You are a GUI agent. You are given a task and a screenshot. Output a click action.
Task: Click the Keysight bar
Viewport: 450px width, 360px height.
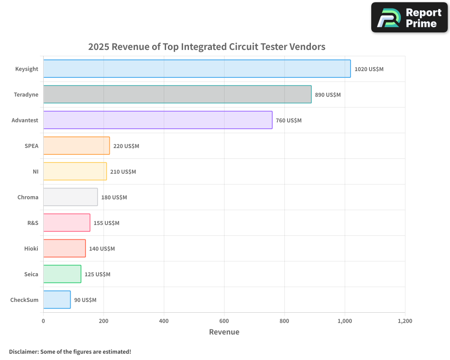pyautogui.click(x=197, y=69)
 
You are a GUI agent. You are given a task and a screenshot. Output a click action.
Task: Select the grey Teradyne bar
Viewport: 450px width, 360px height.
pyautogui.click(x=177, y=94)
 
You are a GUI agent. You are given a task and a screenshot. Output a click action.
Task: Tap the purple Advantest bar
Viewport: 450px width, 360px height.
pyautogui.click(x=157, y=120)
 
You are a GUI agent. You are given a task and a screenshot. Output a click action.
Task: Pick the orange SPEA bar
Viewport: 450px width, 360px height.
pyautogui.click(x=76, y=146)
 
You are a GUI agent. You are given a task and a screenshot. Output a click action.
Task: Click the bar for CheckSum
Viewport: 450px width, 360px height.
pyautogui.click(x=57, y=300)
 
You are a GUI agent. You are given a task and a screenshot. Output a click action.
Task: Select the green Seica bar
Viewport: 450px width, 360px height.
pyautogui.click(x=62, y=274)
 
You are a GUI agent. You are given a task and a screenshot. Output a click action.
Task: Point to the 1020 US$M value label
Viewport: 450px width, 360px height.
pyautogui.click(x=369, y=69)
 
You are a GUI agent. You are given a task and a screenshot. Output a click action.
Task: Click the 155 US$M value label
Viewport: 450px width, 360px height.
pyautogui.click(x=106, y=223)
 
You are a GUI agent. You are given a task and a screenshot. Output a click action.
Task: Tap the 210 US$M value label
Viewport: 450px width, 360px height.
pyautogui.click(x=123, y=172)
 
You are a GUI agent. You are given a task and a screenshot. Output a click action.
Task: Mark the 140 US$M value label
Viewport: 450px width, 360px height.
pyautogui.click(x=102, y=249)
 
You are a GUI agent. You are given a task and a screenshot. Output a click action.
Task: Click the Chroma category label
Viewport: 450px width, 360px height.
pyautogui.click(x=28, y=197)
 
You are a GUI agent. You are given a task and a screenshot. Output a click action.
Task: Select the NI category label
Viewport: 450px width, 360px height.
pyautogui.click(x=36, y=171)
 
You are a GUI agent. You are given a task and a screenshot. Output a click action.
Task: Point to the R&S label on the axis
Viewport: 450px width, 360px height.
pyautogui.click(x=33, y=223)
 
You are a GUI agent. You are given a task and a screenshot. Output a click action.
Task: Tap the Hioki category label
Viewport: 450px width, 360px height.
pyautogui.click(x=31, y=248)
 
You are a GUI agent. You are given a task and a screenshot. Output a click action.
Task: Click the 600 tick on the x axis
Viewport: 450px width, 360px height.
pyautogui.click(x=224, y=321)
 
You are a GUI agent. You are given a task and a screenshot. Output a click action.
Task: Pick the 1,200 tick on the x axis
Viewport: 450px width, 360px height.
pyautogui.click(x=405, y=321)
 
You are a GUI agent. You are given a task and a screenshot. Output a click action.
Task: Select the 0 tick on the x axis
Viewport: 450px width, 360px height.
pyautogui.click(x=43, y=321)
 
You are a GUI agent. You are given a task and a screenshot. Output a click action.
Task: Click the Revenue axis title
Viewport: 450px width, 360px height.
pyautogui.click(x=224, y=332)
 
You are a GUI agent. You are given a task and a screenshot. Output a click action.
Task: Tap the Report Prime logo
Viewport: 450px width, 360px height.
pyautogui.click(x=409, y=18)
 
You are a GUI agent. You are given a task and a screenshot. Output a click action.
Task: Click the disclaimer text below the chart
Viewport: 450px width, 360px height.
pyautogui.click(x=70, y=351)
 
